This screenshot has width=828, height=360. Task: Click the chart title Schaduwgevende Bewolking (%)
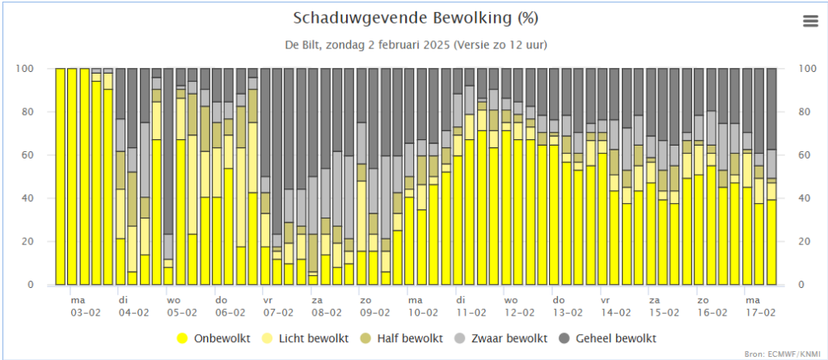[415, 19]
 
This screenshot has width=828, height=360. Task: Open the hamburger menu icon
[811, 21]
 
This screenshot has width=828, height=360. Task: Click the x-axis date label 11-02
[471, 311]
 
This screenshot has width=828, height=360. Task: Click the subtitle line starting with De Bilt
[415, 44]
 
